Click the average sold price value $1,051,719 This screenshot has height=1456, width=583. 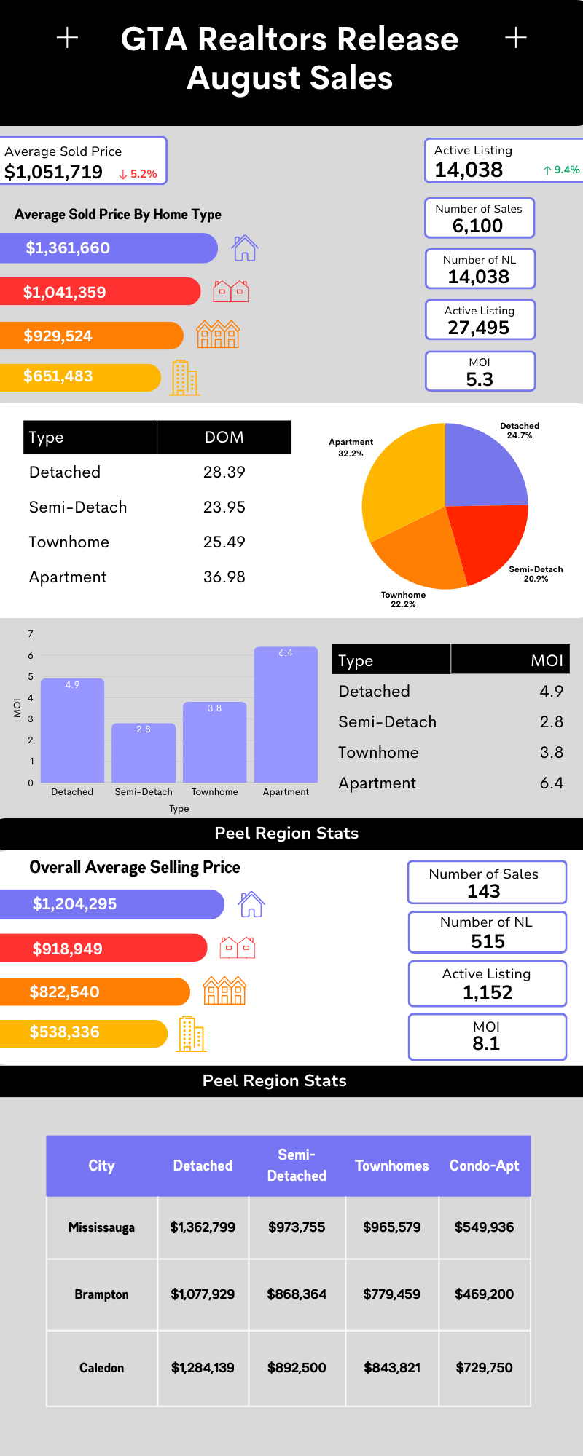pyautogui.click(x=53, y=173)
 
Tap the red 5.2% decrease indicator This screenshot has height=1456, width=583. pyautogui.click(x=138, y=174)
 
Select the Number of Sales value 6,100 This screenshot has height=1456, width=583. pyautogui.click(x=477, y=226)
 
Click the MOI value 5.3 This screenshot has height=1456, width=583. pyautogui.click(x=480, y=379)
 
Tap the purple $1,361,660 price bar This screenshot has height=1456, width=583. pyautogui.click(x=109, y=248)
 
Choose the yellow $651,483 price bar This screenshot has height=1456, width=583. pyautogui.click(x=80, y=377)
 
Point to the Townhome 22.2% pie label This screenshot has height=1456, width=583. pyautogui.click(x=403, y=600)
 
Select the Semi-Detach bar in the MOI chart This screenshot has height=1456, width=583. pyautogui.click(x=144, y=753)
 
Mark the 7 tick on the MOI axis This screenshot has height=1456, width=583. pyautogui.click(x=31, y=634)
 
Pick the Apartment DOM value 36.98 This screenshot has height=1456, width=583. pyautogui.click(x=224, y=577)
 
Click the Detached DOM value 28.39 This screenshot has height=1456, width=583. pyautogui.click(x=224, y=472)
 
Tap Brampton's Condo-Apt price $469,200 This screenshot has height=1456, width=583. pyautogui.click(x=484, y=1294)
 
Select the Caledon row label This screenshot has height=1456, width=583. pyautogui.click(x=101, y=1368)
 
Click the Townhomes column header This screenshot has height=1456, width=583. pyautogui.click(x=391, y=1166)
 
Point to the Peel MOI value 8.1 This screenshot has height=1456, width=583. pyautogui.click(x=486, y=1043)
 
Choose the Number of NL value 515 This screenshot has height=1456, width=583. pyautogui.click(x=488, y=941)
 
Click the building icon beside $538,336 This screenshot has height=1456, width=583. pyautogui.click(x=191, y=1034)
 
